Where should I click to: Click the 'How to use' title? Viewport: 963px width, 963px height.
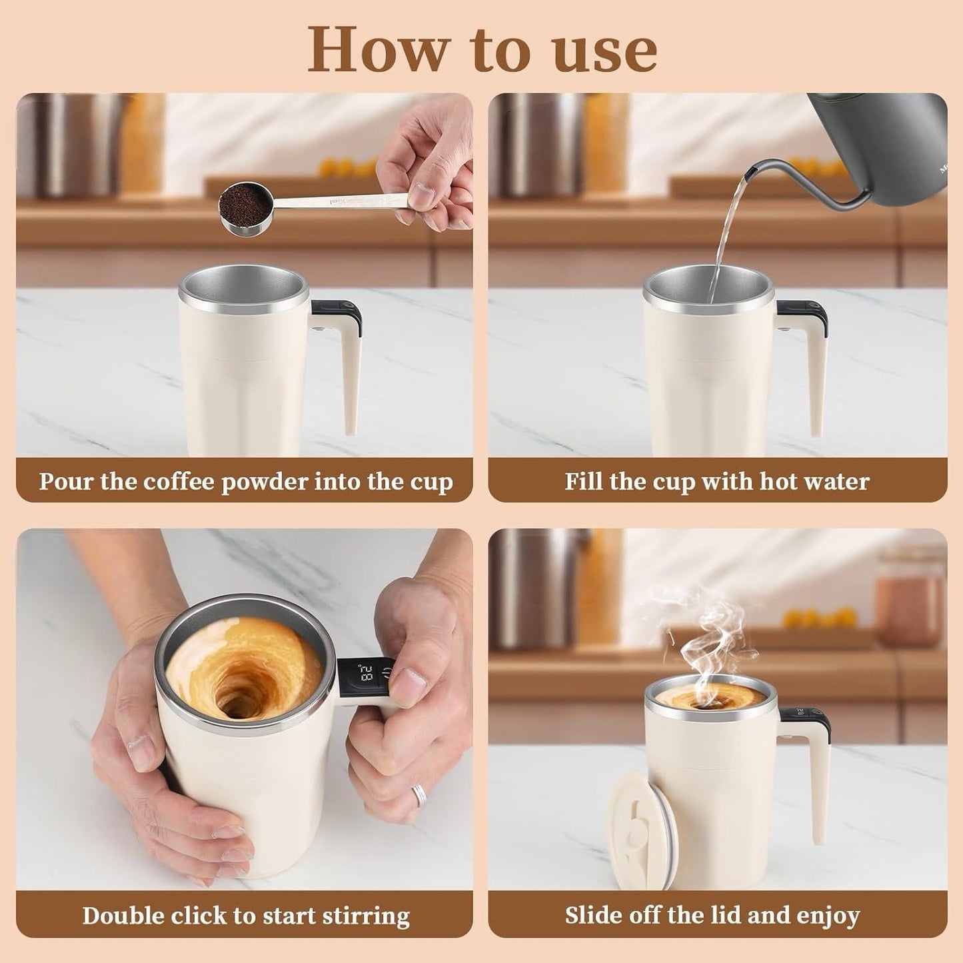481,50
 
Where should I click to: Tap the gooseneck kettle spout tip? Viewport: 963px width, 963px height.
749,175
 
